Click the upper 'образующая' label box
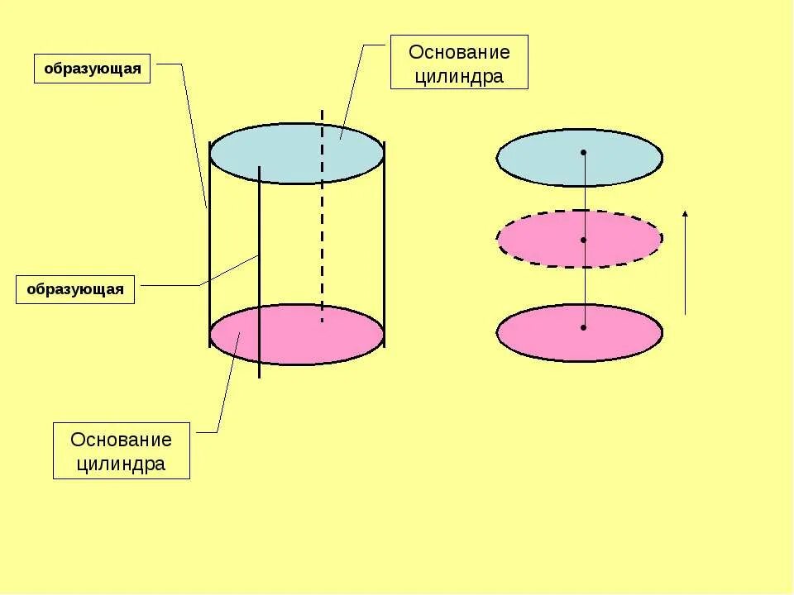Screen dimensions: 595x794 [92, 69]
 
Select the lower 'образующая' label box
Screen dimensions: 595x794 [75, 289]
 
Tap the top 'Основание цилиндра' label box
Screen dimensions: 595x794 [459, 62]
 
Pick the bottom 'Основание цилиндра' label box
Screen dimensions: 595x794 [122, 450]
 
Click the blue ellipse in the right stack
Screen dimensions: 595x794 [538, 157]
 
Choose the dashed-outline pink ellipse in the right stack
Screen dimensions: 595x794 [538, 240]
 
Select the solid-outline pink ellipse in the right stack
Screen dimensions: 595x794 [538, 333]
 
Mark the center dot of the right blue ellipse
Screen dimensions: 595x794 [583, 152]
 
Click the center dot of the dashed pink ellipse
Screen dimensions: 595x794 [583, 240]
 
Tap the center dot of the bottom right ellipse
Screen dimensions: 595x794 [583, 327]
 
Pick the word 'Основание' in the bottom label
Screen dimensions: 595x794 [122, 439]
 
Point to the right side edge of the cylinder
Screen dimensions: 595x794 [384, 248]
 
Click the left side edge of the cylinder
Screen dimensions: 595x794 [210, 248]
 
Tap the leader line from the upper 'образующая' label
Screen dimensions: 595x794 [194, 132]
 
